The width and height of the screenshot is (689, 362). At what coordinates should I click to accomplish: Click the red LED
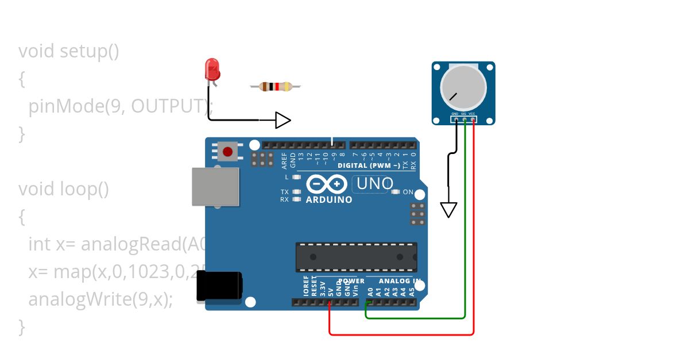click(x=212, y=69)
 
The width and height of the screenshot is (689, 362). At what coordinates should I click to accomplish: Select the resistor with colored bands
click(x=275, y=87)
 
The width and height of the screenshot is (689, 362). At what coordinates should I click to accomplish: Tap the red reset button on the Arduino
click(x=228, y=152)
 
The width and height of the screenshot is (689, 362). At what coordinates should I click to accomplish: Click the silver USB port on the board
click(x=215, y=187)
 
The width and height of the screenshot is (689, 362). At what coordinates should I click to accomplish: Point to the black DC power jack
click(x=219, y=286)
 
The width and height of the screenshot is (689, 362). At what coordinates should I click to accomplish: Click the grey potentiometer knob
click(x=463, y=88)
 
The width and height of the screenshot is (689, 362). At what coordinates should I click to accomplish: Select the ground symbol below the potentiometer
click(x=448, y=210)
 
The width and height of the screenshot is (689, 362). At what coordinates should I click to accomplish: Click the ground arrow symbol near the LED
click(x=283, y=120)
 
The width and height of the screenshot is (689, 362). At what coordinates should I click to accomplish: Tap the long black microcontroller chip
click(x=356, y=257)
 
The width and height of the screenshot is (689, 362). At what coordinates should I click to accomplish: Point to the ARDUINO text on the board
click(x=329, y=200)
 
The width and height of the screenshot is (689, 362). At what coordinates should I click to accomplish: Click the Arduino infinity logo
click(x=327, y=184)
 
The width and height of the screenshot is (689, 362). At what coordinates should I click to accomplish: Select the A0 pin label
click(x=370, y=291)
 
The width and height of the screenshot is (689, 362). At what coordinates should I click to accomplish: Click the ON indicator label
click(x=408, y=192)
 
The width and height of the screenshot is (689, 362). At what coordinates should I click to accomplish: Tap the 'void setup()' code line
click(x=69, y=51)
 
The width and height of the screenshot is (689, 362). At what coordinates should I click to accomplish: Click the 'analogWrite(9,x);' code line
click(x=100, y=299)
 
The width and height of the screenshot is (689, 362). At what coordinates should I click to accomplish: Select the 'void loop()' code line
click(x=64, y=189)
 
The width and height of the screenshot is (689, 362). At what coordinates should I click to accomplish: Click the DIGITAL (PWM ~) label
click(x=369, y=165)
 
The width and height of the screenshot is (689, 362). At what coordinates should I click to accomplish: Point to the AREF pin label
click(x=285, y=159)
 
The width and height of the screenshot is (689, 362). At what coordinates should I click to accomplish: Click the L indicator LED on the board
click(x=297, y=177)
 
